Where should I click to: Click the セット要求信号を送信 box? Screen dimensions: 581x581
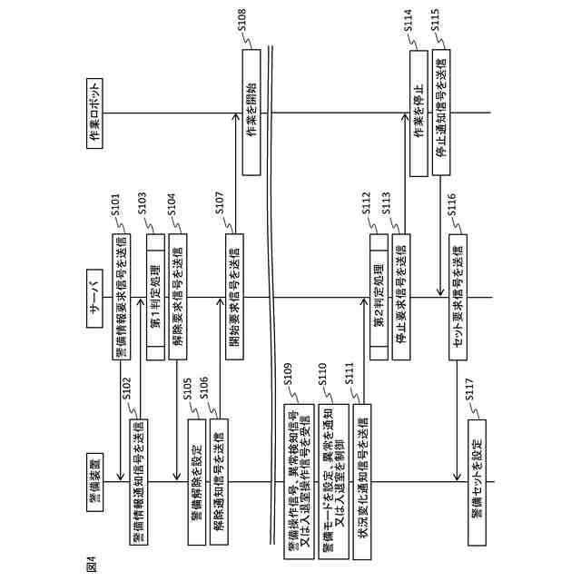(x=458, y=297)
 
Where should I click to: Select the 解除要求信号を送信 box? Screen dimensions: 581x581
(x=178, y=297)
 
